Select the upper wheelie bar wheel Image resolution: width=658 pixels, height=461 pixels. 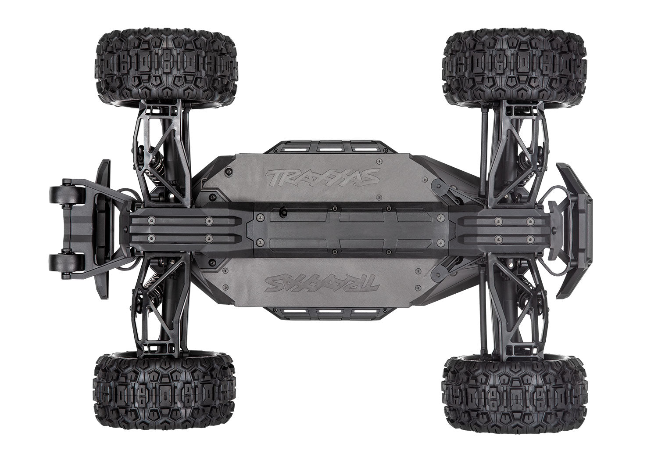click(60, 194)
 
